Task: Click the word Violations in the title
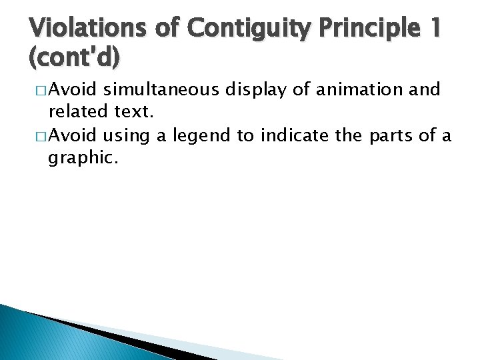[87, 29]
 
